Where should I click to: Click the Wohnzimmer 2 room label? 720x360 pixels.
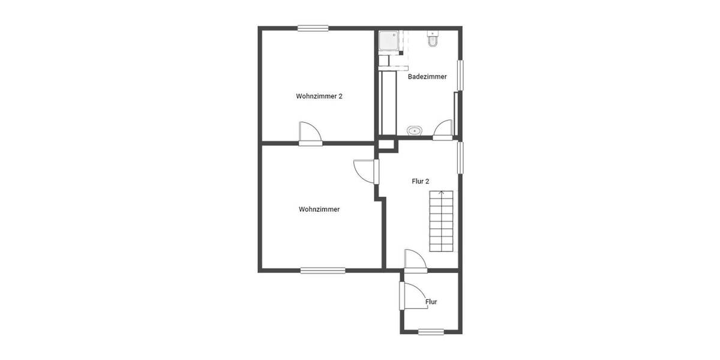click(319, 96)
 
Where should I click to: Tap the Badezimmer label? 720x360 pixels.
click(427, 77)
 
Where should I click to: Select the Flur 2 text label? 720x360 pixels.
click(420, 181)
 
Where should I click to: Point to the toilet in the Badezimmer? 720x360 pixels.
click(433, 39)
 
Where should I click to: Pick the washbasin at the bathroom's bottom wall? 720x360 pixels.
click(415, 130)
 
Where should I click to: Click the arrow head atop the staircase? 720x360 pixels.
click(442, 193)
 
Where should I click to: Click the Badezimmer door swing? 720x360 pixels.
click(443, 130)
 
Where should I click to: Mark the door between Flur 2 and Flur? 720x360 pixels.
click(415, 261)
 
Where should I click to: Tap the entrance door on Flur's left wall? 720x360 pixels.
click(412, 295)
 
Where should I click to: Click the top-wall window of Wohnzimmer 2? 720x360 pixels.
click(313, 28)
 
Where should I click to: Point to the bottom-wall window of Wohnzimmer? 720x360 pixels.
click(323, 271)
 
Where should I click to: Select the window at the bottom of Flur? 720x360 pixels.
click(431, 332)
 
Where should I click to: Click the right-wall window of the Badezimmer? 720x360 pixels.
click(460, 75)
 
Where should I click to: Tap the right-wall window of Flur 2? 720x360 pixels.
click(460, 157)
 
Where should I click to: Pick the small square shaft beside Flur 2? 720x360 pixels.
click(387, 144)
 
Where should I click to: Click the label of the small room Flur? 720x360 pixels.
click(431, 302)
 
